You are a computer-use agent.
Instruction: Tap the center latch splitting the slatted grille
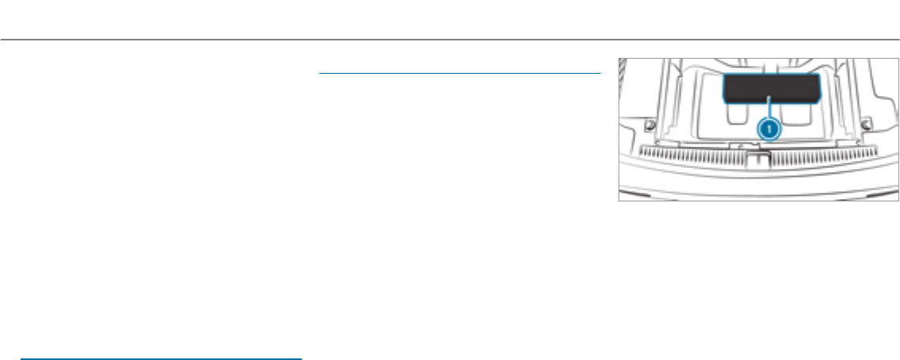755,157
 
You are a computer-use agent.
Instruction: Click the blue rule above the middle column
459,73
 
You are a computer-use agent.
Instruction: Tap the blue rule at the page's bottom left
161,358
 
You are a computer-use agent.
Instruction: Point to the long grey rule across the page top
450,40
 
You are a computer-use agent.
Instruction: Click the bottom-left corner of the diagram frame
619,200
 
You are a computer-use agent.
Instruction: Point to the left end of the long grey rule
2,40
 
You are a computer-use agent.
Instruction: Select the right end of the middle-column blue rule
599,73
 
